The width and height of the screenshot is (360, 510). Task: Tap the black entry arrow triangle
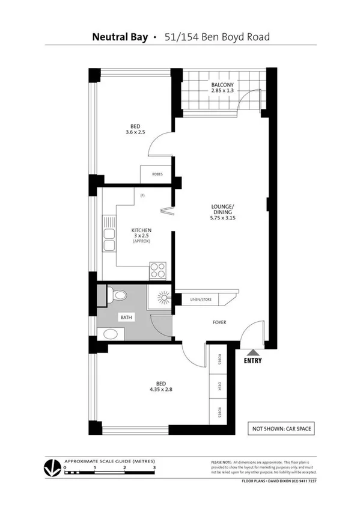[253, 352]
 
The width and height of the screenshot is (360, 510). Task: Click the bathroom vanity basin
[109, 333]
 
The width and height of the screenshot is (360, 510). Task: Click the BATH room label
[126, 316]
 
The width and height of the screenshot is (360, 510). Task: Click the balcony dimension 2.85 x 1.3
[222, 90]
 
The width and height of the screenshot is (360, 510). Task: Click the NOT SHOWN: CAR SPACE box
[281, 429]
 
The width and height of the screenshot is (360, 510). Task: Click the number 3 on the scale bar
[154, 466]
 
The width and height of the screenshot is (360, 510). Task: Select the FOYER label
[219, 322]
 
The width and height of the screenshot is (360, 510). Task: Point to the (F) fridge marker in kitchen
[142, 195]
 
